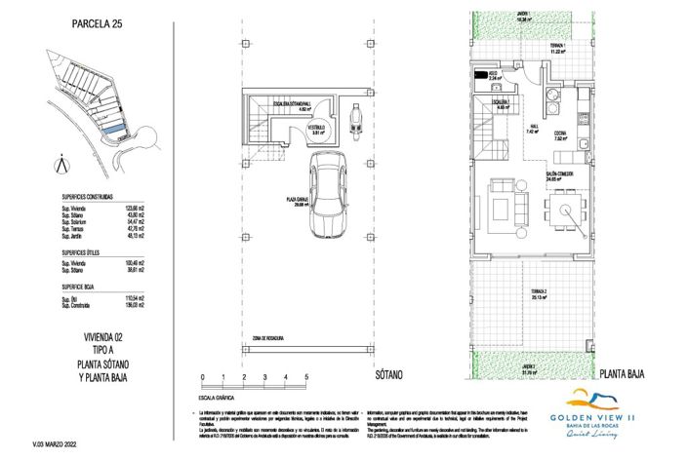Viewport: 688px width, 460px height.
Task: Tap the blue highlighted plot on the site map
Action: pos(113,129)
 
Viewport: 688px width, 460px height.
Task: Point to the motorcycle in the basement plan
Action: pos(354,126)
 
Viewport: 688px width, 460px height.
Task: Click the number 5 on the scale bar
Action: pos(306,376)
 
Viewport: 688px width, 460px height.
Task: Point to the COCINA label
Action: pos(560,136)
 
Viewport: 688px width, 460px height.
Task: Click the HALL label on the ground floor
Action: pos(532,129)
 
